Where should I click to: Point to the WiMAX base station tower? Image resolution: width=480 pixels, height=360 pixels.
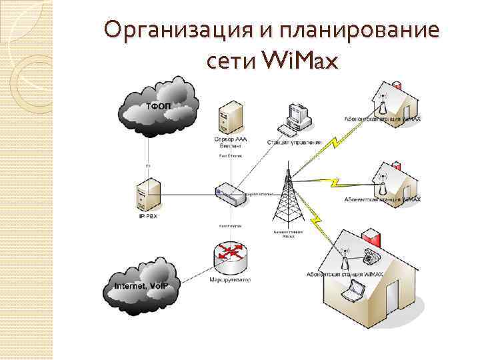(x=287, y=197)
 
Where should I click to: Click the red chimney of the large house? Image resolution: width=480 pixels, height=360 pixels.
(x=370, y=235)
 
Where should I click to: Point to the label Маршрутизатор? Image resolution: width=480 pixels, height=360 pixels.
(x=229, y=281)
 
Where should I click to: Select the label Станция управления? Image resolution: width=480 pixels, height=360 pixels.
(x=294, y=142)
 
